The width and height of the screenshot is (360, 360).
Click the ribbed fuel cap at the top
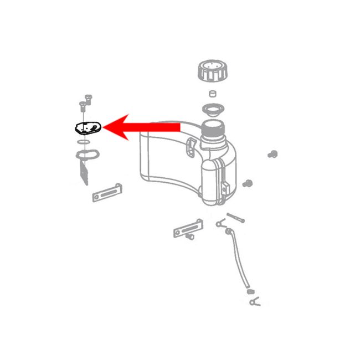coord(213,71)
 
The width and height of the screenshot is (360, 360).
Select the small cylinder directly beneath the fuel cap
coord(212,92)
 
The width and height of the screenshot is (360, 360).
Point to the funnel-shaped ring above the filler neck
coord(212,108)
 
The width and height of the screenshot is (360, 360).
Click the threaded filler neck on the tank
coord(213,130)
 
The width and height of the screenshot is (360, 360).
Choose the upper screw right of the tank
coord(272,153)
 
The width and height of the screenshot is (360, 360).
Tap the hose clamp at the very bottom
coord(254,301)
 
